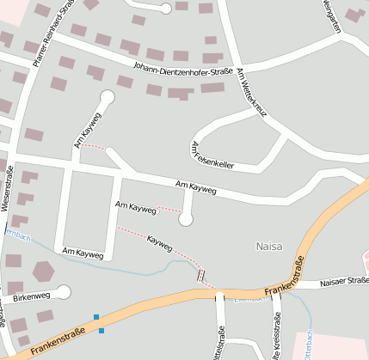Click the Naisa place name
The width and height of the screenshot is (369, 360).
tap(269, 247)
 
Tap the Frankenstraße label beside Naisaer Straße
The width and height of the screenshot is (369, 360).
tap(286, 278)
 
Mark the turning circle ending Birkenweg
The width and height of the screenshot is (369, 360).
tap(64, 292)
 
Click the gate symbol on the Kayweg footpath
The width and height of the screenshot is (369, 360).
tap(201, 275)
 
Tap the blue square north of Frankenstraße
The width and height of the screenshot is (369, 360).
tap(96, 317)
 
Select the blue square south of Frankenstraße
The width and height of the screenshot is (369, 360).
tap(101, 331)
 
